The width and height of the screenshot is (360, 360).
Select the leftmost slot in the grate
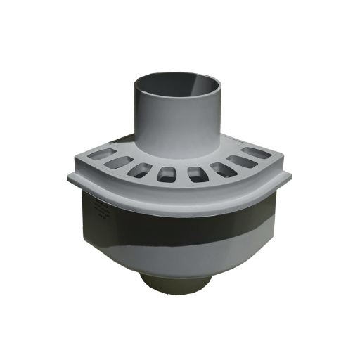tap(96, 153)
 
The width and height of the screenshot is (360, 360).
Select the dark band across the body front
tap(176, 225)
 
